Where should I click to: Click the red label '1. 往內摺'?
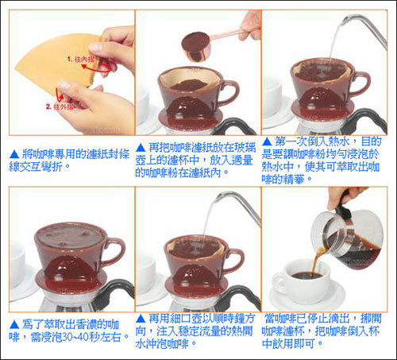pyautogui.click(x=81, y=59)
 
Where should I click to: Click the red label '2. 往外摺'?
pyautogui.click(x=60, y=107)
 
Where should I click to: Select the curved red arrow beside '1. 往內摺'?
pyautogui.click(x=97, y=69)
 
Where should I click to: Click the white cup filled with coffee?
pyautogui.click(x=301, y=281)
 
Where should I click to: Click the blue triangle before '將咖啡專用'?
pyautogui.click(x=14, y=154)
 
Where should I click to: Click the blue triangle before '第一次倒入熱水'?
pyautogui.click(x=267, y=141)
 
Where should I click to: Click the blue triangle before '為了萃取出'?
pyautogui.click(x=14, y=325)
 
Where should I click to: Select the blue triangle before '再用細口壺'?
pyautogui.click(x=141, y=319)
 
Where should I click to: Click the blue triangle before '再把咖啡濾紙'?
pyautogui.click(x=141, y=148)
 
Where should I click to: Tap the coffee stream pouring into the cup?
pyautogui.click(x=315, y=261)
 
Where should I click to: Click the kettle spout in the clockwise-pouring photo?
pyautogui.click(x=238, y=205)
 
